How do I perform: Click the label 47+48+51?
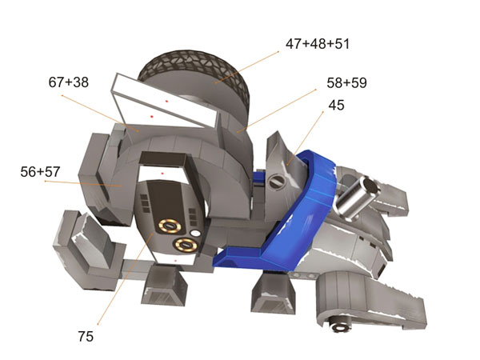(x=318, y=44)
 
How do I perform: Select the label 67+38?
(x=69, y=82)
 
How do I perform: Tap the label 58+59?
(x=346, y=83)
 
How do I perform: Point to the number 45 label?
(x=337, y=105)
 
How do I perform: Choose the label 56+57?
(x=40, y=172)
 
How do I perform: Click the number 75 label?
(x=86, y=337)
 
